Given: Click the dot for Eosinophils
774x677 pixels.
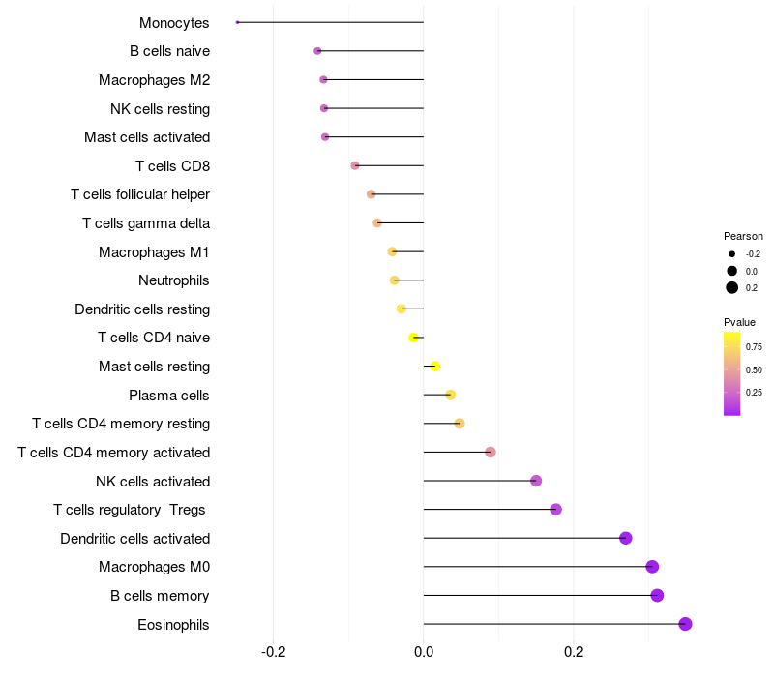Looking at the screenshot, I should click(x=685, y=624).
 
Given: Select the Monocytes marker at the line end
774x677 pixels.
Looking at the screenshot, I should click(x=237, y=22).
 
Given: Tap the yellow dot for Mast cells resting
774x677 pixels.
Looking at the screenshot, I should click(x=435, y=367).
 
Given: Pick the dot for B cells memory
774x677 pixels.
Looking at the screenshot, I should click(x=657, y=595).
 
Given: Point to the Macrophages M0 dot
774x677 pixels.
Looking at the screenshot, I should click(x=652, y=567).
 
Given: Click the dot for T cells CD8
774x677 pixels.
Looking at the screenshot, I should click(x=355, y=165).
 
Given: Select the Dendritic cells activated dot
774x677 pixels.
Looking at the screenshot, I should click(x=625, y=538).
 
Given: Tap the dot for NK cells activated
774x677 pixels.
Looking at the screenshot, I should click(x=536, y=481).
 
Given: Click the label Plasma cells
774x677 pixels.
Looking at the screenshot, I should click(x=169, y=395).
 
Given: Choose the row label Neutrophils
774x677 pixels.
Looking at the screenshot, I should click(x=174, y=280).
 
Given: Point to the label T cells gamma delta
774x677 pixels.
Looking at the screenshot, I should click(x=146, y=223).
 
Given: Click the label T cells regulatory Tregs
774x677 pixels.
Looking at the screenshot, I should click(x=130, y=510).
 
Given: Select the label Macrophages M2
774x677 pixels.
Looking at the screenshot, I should click(x=155, y=80).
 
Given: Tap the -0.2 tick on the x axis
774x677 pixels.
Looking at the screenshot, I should click(x=273, y=652).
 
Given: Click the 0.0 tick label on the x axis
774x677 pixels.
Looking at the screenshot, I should click(x=424, y=652).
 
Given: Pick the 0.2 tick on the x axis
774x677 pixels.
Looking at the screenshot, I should click(x=574, y=652).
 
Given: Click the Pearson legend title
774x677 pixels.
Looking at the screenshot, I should click(x=743, y=236).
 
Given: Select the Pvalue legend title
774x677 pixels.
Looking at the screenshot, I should click(x=740, y=322).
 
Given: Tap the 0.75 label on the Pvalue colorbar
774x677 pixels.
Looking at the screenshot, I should click(x=755, y=346).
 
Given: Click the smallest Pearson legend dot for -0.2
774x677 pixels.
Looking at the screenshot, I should click(x=732, y=254).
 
